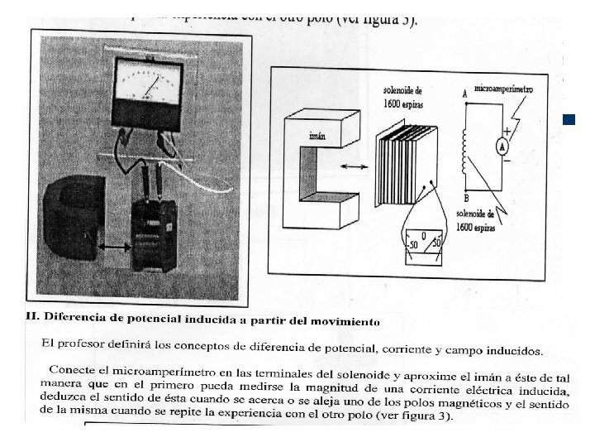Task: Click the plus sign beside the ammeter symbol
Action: click(x=507, y=131)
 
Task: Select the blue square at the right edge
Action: click(x=568, y=120)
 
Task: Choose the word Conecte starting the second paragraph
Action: click(x=73, y=368)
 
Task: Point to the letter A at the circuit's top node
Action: click(x=465, y=95)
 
